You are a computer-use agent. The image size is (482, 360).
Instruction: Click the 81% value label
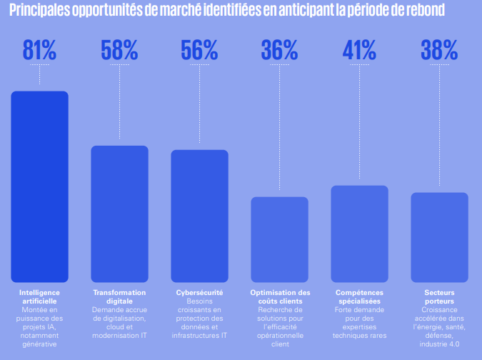click(x=39, y=49)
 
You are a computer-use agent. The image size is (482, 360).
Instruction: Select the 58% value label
click(x=119, y=49)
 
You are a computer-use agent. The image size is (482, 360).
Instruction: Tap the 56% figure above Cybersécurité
click(x=199, y=49)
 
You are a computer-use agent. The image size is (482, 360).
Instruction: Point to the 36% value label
click(x=279, y=49)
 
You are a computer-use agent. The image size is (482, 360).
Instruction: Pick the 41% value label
click(x=359, y=49)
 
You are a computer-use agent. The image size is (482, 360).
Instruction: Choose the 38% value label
click(x=439, y=49)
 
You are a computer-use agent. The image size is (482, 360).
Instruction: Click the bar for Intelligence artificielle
click(x=39, y=186)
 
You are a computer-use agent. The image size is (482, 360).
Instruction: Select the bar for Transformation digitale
click(x=119, y=214)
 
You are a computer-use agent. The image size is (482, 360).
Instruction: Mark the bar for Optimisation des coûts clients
click(x=279, y=239)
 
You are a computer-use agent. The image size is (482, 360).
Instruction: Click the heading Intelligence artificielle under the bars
click(x=39, y=297)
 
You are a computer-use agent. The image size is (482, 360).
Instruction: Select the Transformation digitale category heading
click(x=119, y=297)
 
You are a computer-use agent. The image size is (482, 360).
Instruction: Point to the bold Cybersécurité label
click(x=199, y=293)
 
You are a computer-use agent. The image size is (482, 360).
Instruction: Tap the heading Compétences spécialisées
click(x=359, y=297)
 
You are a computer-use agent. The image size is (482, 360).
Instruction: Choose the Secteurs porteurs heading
click(x=439, y=297)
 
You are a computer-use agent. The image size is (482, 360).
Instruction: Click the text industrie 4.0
click(x=439, y=344)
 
